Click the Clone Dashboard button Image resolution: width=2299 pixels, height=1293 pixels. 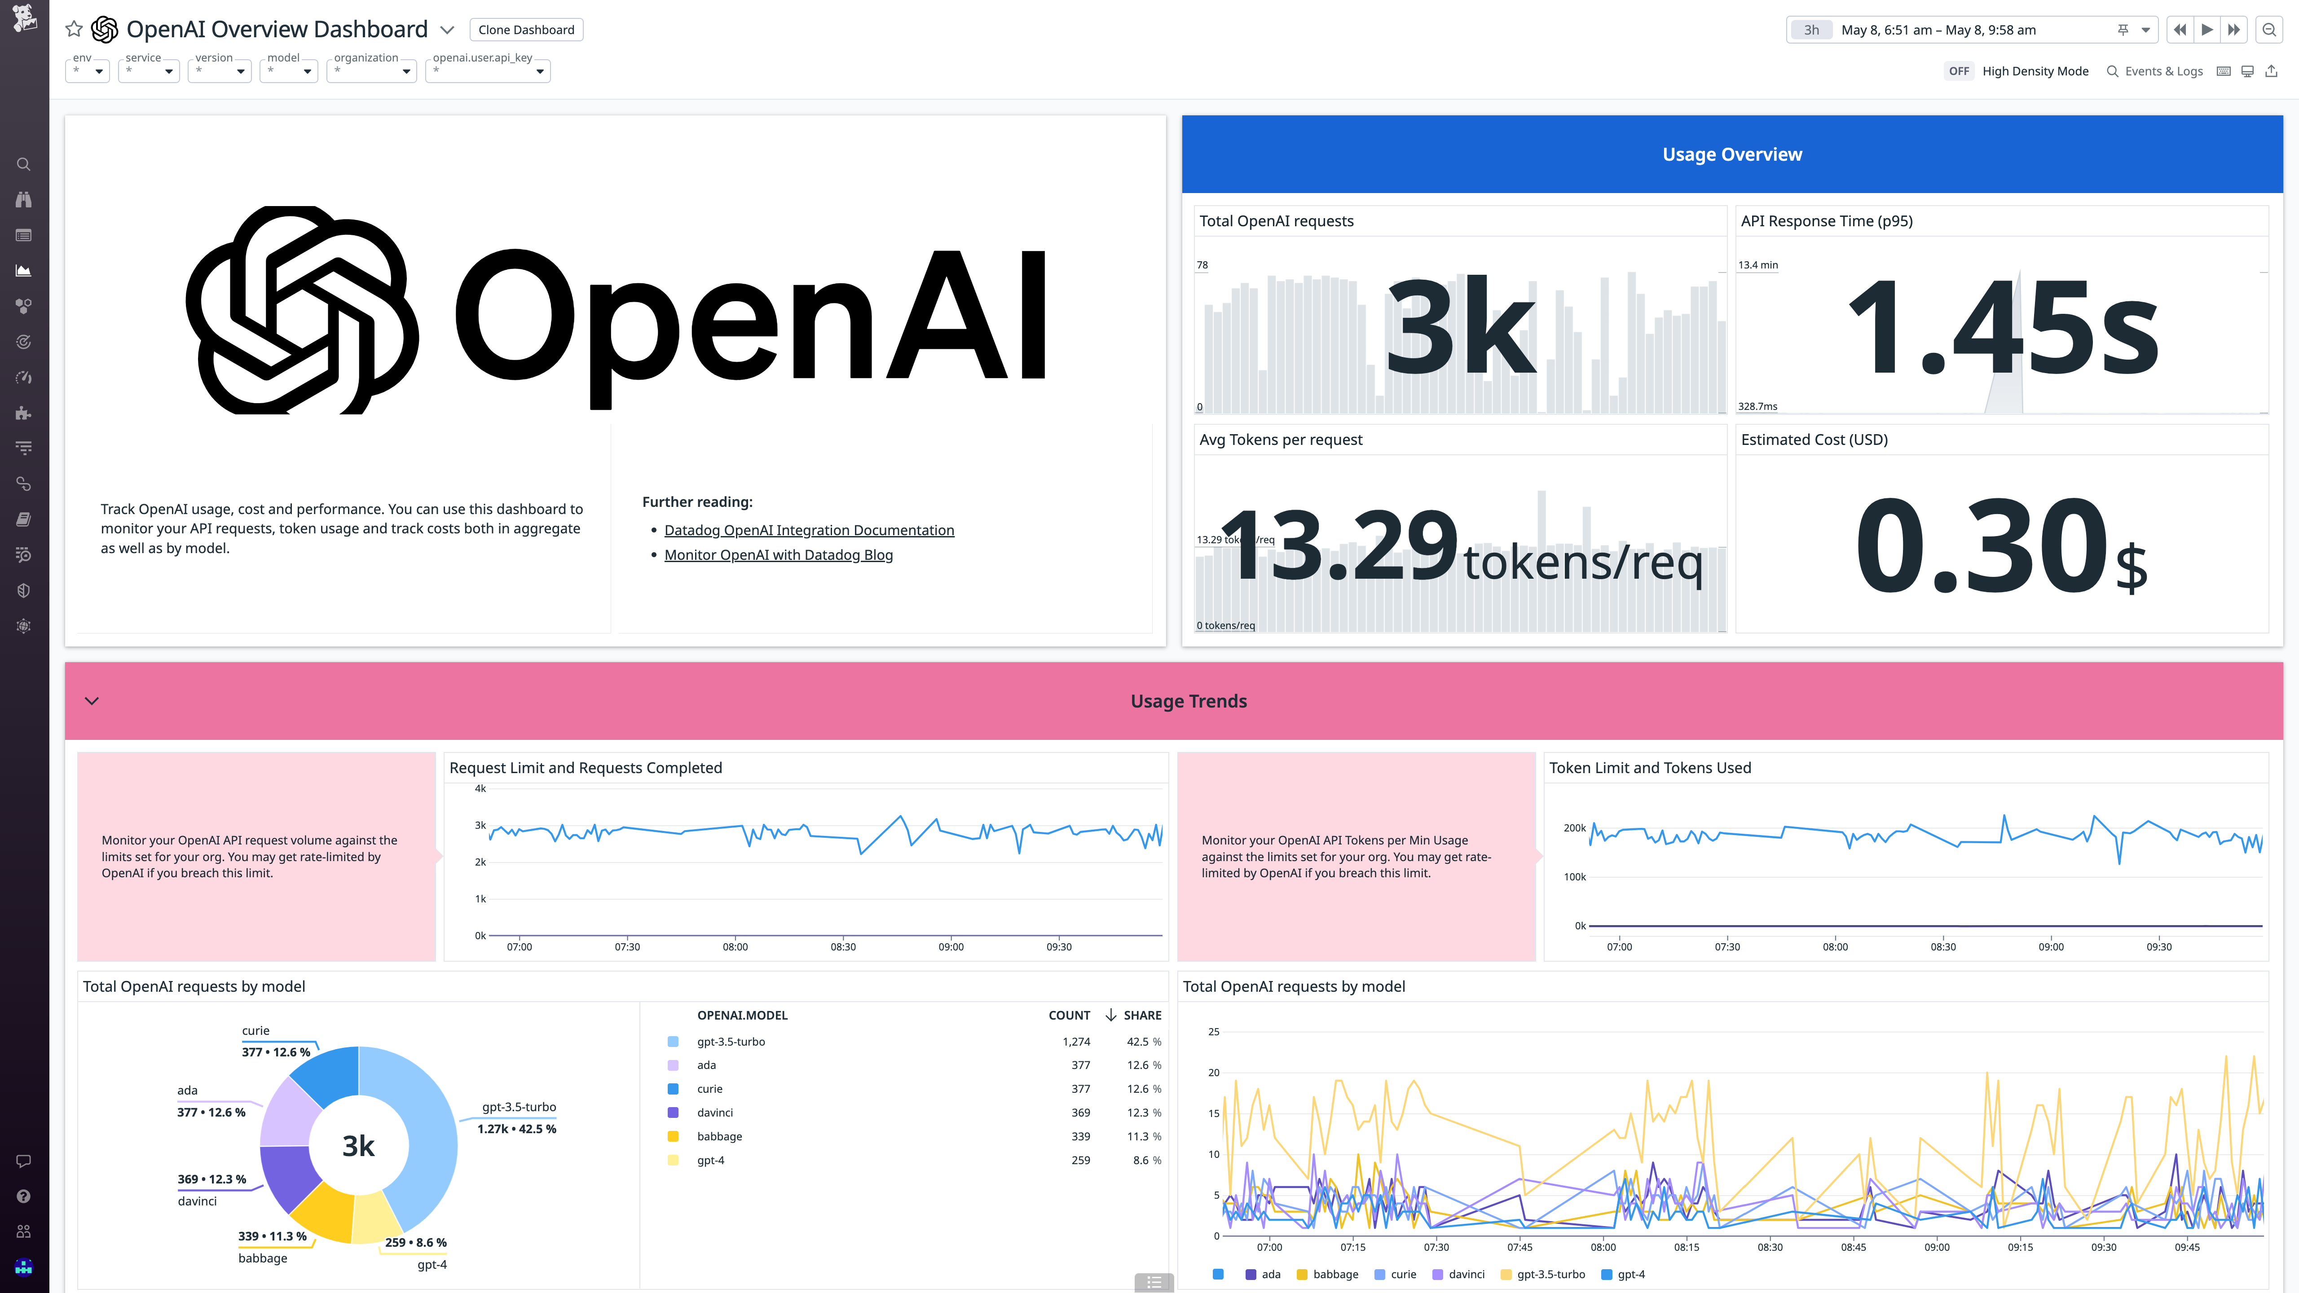click(526, 30)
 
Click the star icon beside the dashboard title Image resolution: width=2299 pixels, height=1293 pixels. click(74, 30)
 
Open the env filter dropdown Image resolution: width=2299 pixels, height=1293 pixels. click(88, 70)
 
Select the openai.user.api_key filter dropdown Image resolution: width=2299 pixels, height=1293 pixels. click(487, 70)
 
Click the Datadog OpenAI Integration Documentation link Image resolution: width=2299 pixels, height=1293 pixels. click(809, 530)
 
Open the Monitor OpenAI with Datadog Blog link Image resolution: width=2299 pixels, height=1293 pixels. click(778, 555)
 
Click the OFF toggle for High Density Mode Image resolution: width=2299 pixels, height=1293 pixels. click(1958, 71)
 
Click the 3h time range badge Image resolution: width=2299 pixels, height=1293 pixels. click(1811, 30)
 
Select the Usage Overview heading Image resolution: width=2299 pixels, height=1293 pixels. click(1731, 154)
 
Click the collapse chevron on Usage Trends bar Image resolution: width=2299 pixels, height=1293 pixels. click(91, 700)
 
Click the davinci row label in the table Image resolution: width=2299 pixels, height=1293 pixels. click(715, 1113)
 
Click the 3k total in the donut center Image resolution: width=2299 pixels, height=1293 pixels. click(358, 1146)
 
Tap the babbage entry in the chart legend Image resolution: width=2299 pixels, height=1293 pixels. click(1335, 1274)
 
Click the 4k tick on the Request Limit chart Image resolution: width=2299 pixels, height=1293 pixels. click(480, 789)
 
